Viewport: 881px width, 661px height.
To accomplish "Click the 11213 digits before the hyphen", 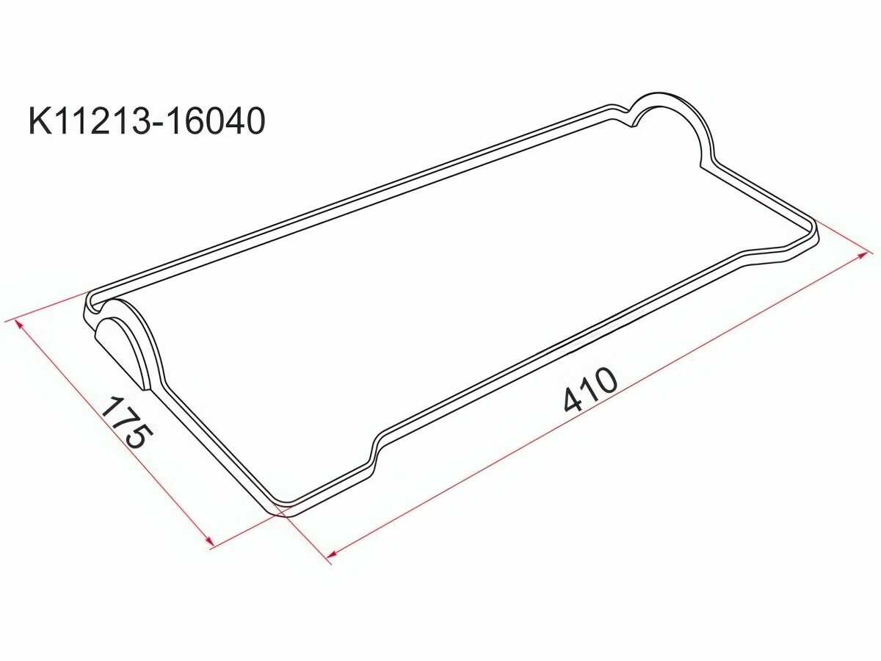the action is click(x=101, y=120).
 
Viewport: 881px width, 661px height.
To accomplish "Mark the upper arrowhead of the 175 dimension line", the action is click(x=19, y=325).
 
